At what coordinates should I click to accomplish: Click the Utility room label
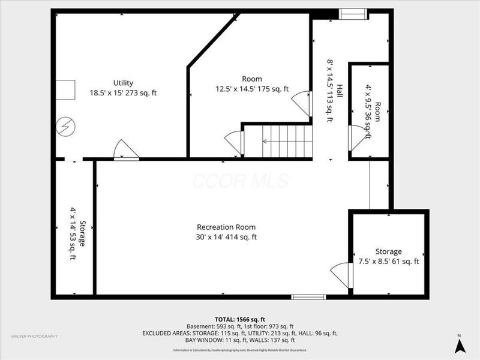pyautogui.click(x=123, y=88)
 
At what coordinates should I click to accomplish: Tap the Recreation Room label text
pyautogui.click(x=226, y=232)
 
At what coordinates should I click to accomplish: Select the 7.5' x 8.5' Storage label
pyautogui.click(x=389, y=256)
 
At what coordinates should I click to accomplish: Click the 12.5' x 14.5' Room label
pyautogui.click(x=252, y=84)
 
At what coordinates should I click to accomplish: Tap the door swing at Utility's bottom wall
pyautogui.click(x=127, y=150)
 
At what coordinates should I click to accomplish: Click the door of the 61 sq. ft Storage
pyautogui.click(x=341, y=275)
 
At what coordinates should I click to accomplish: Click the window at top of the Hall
pyautogui.click(x=354, y=14)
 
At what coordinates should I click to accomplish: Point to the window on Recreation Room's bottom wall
pyautogui.click(x=308, y=296)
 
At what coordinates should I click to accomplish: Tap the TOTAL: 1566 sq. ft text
pyautogui.click(x=240, y=319)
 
